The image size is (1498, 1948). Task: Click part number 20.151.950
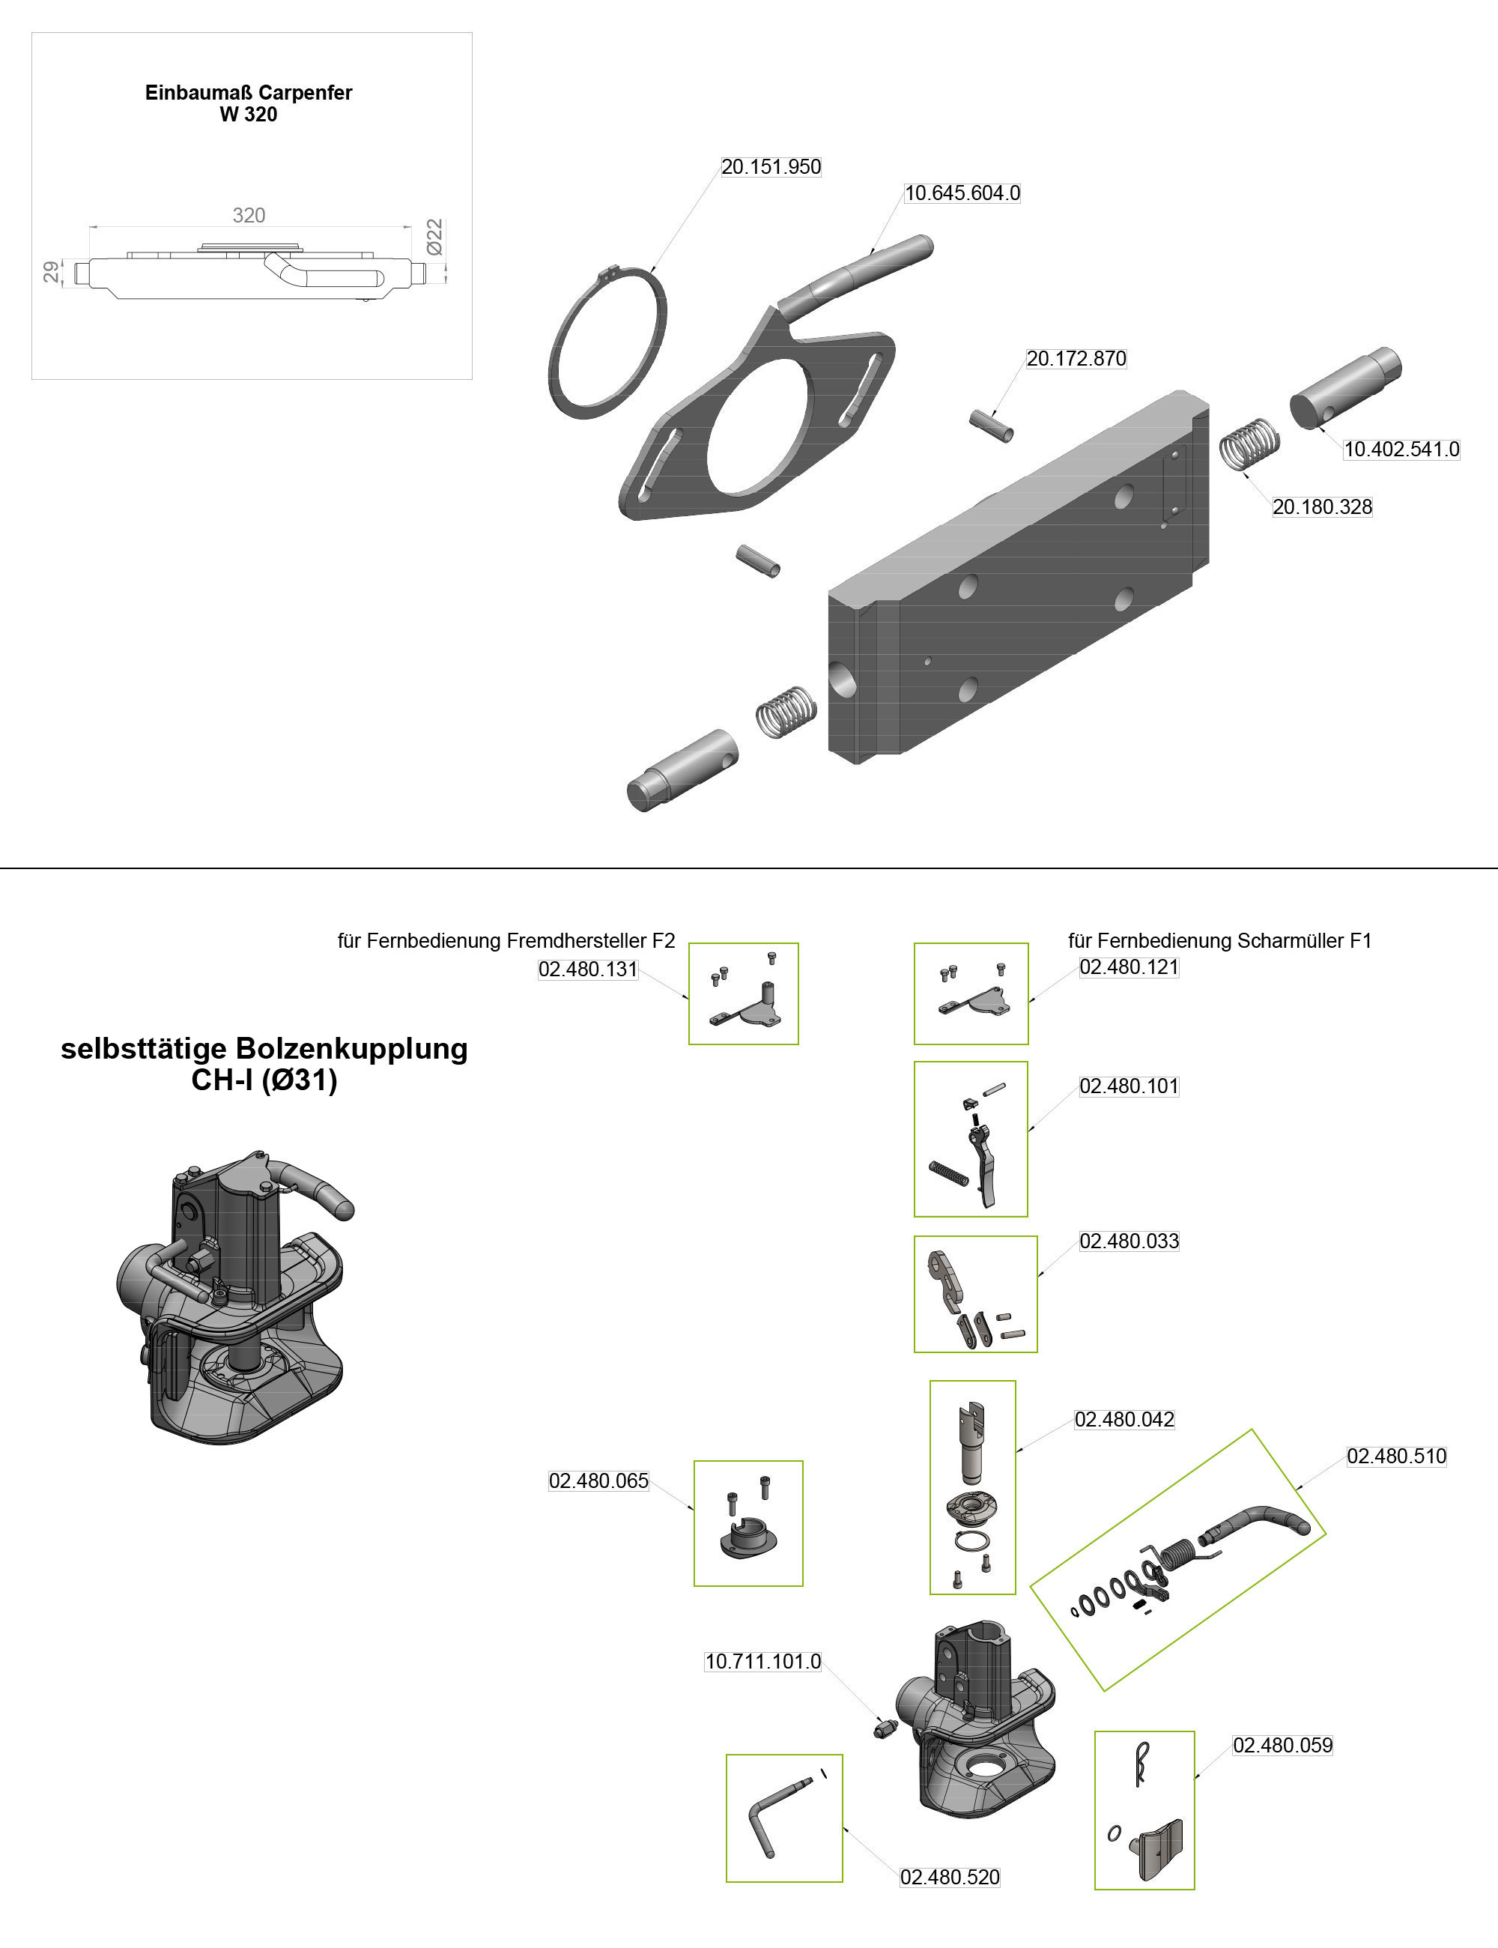click(771, 167)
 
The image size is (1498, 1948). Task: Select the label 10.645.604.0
click(962, 193)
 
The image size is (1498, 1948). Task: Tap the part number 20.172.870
click(1076, 359)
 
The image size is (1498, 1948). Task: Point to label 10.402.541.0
click(1401, 450)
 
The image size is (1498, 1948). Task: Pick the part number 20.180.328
click(1321, 506)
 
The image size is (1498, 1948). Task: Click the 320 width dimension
click(249, 215)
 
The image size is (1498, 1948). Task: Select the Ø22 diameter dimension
click(434, 238)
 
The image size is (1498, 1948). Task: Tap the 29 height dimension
click(52, 271)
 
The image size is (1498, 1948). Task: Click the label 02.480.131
click(588, 970)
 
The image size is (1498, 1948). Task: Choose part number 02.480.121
click(1129, 967)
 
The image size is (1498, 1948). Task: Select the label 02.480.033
click(1129, 1241)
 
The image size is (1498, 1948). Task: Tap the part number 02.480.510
click(1396, 1456)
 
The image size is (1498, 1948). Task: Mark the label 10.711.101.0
click(762, 1662)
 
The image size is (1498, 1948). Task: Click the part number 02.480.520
click(950, 1878)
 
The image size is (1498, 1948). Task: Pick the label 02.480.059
click(1282, 1746)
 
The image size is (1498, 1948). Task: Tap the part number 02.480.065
click(598, 1480)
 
